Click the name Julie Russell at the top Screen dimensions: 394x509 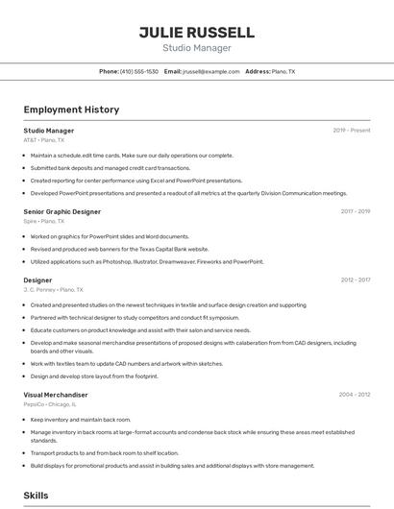click(x=196, y=32)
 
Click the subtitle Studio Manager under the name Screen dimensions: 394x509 click(x=196, y=48)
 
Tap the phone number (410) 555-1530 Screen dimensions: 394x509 click(x=139, y=72)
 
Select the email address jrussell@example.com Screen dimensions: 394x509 click(x=211, y=72)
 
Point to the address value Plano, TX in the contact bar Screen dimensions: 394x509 click(x=283, y=72)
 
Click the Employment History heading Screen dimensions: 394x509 click(x=71, y=109)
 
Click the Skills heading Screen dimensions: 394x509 click(x=37, y=496)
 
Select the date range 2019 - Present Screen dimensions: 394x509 click(x=352, y=131)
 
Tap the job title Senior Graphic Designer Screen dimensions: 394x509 click(x=62, y=211)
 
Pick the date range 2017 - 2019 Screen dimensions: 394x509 click(x=355, y=211)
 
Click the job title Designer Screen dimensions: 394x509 click(x=37, y=280)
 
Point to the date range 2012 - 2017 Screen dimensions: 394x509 click(x=355, y=280)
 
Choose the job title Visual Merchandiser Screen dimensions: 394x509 click(x=56, y=395)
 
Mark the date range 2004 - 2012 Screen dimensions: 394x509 click(x=354, y=395)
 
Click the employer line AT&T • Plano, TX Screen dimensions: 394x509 click(x=44, y=140)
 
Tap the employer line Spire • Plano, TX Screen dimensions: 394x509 click(x=44, y=221)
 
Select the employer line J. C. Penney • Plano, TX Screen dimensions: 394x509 click(x=53, y=290)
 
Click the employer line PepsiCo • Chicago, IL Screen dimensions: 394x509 click(x=49, y=404)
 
